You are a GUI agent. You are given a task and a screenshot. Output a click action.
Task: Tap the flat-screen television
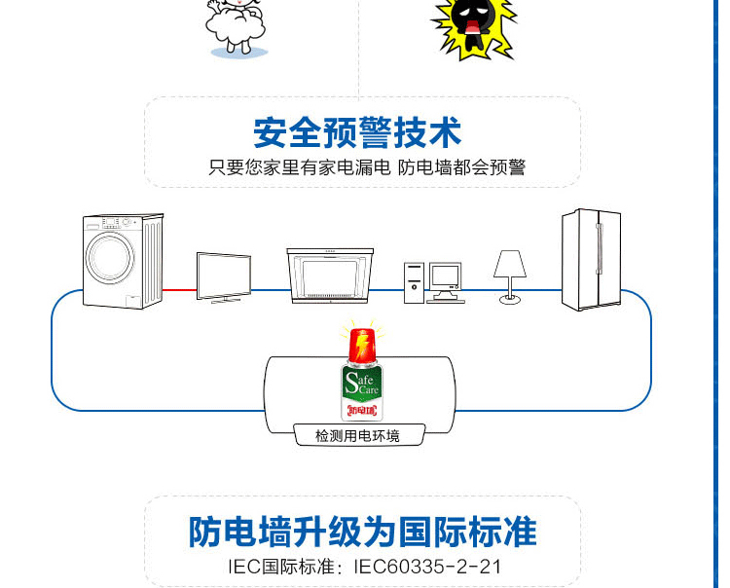coord(224,275)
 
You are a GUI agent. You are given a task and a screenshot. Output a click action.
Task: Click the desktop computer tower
coord(415,281)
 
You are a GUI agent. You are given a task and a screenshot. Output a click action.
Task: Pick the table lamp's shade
coord(510,264)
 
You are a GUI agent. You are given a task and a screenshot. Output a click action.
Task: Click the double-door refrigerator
coord(591,259)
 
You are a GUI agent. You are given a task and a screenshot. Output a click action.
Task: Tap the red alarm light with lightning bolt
coord(361,344)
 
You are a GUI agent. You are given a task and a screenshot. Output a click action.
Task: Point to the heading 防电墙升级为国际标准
coord(362,532)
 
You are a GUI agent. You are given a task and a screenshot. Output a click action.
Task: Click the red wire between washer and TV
coord(180,289)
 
